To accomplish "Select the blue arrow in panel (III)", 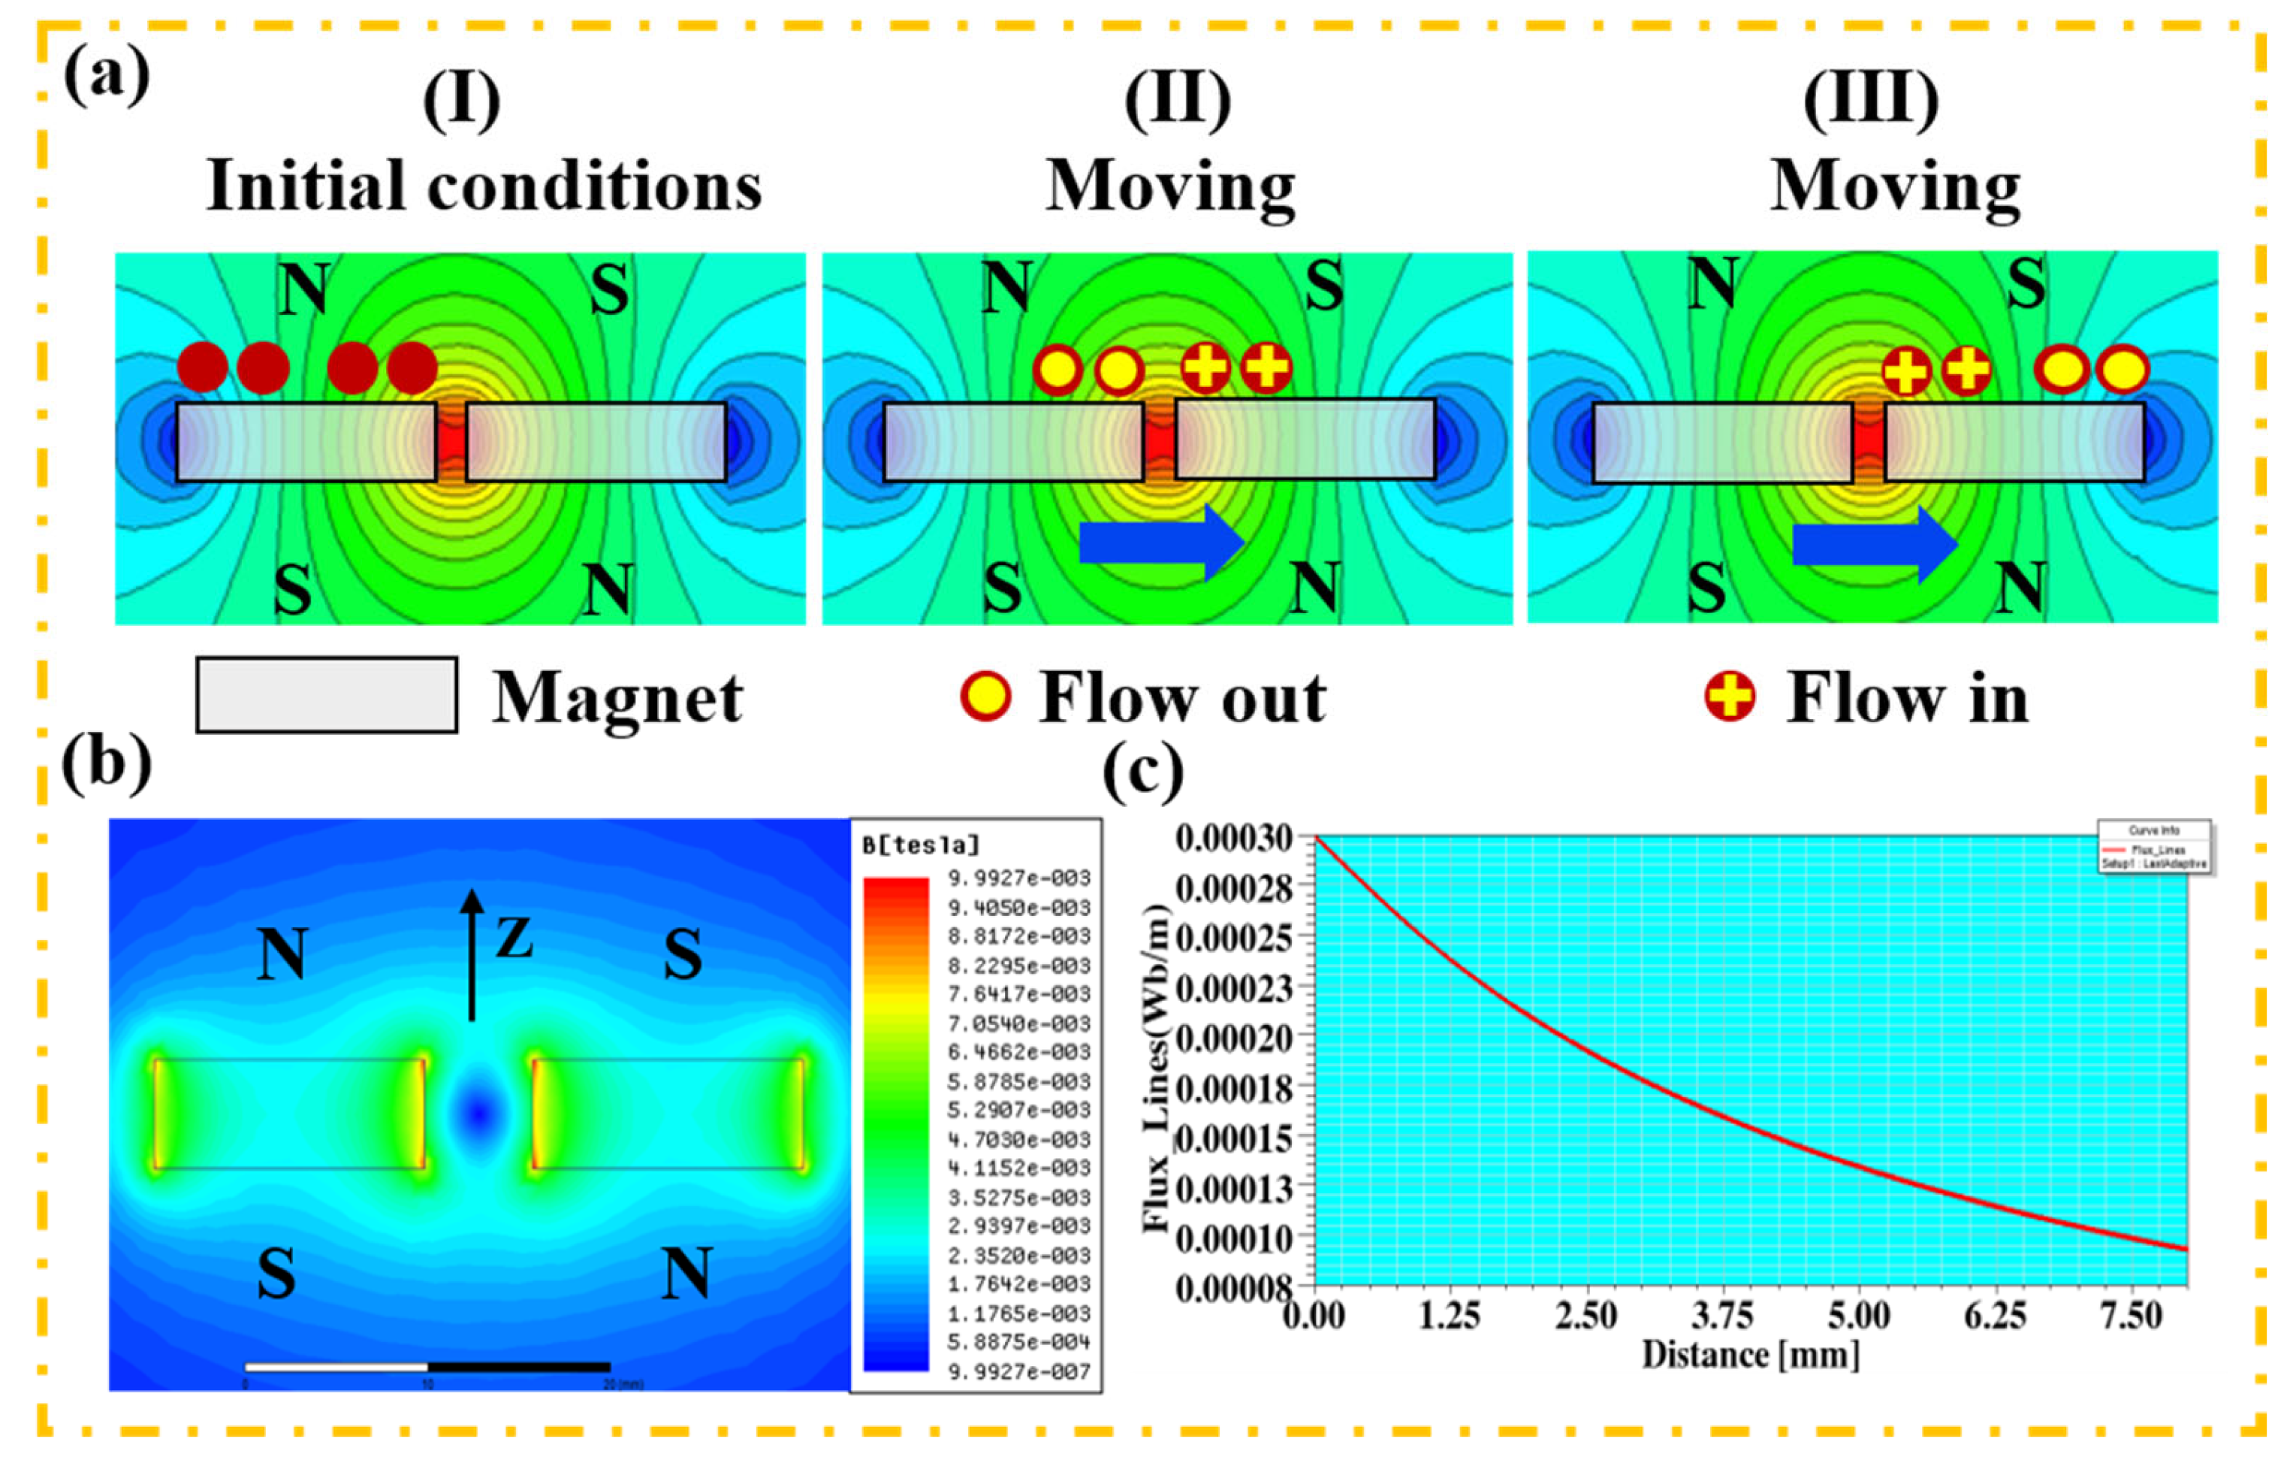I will click(x=1875, y=544).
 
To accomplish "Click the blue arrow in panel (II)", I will click(x=1161, y=542).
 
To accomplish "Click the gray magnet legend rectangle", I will click(x=326, y=694).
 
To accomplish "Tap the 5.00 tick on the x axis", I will click(x=1858, y=1316).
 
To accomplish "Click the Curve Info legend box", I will click(x=2153, y=847).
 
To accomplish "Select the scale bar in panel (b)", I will click(x=427, y=1367).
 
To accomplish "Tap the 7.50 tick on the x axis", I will click(x=2131, y=1316).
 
